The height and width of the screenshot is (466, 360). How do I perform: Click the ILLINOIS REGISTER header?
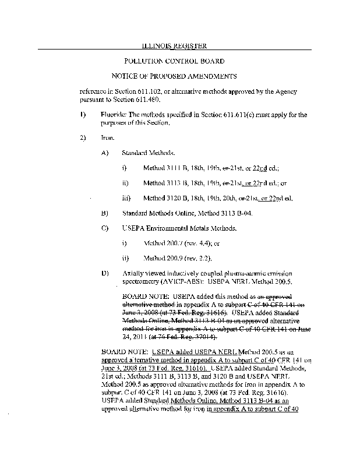pyautogui.click(x=175, y=45)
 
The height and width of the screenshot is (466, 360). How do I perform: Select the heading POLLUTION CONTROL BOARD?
pyautogui.click(x=175, y=61)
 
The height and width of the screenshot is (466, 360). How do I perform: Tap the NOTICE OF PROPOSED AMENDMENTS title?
pyautogui.click(x=175, y=76)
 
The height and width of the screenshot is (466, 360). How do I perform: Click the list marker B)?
pyautogui.click(x=105, y=213)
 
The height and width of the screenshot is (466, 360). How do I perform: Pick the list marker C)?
pyautogui.click(x=105, y=228)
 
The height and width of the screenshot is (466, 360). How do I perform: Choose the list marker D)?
pyautogui.click(x=105, y=273)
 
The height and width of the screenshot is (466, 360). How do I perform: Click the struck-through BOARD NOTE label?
pyautogui.click(x=142, y=296)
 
